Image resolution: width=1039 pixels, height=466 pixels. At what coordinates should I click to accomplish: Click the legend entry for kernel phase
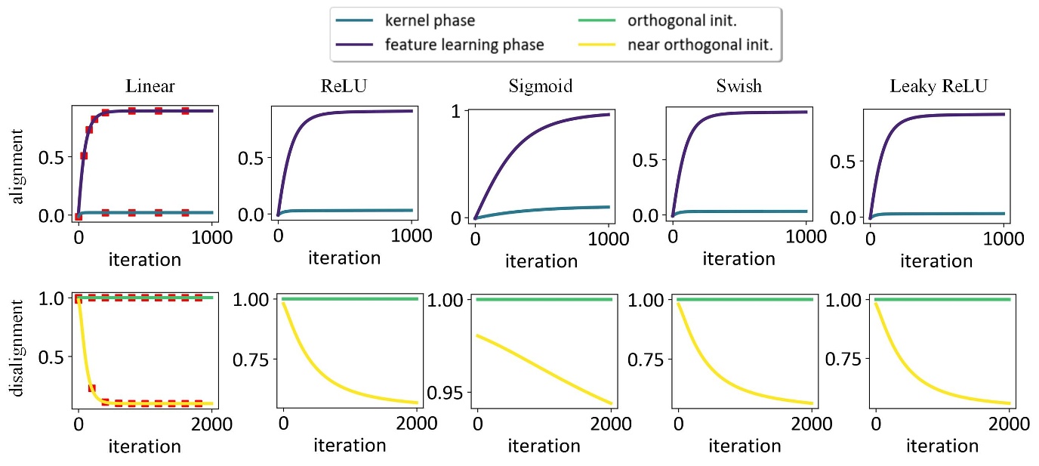pos(431,21)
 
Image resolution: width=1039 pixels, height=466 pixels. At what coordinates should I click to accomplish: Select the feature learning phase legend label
pos(464,45)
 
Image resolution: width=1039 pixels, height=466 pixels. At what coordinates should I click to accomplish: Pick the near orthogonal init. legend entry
pos(700,45)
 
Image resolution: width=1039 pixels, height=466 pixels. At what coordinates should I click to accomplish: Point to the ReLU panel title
pos(344,86)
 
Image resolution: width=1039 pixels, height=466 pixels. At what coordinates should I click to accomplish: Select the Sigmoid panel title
pos(540,86)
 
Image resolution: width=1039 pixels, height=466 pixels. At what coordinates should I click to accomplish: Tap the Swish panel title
pos(738,86)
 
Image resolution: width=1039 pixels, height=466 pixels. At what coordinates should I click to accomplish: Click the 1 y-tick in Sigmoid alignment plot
pos(456,111)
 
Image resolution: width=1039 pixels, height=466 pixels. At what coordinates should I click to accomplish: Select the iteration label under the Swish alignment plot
pos(738,258)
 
